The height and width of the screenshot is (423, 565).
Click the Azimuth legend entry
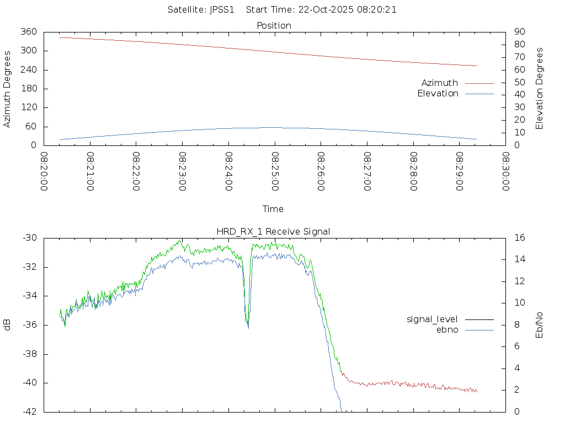coord(440,83)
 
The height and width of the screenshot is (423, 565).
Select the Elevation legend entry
coord(438,94)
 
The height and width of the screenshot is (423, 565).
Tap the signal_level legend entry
coord(432,319)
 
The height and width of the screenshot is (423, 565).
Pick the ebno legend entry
coord(447,330)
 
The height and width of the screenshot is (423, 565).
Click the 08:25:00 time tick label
coord(275,171)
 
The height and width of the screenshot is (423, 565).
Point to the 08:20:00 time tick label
coord(44,171)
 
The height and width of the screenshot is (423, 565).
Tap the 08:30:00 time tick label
coord(505,171)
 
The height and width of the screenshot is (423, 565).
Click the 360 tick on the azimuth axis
coord(29,32)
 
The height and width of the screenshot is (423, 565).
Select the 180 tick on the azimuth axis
coord(29,89)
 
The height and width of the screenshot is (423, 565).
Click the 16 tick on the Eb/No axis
coord(519,238)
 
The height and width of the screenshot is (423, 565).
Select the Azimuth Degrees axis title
coord(8,89)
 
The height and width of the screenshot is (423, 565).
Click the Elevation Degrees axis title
coord(540,89)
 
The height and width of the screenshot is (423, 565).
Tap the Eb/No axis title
coord(540,325)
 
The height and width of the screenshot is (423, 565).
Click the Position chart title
coord(274,26)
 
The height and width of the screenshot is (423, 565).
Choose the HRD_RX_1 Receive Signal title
coord(273,231)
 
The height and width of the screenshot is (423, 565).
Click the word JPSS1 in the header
coord(222,9)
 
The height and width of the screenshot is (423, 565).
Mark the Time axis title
coord(273,209)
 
